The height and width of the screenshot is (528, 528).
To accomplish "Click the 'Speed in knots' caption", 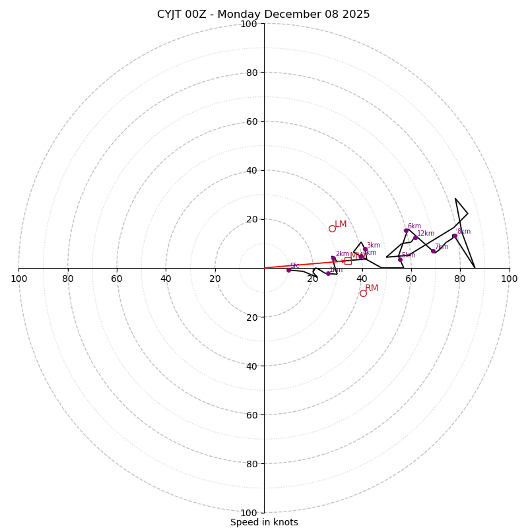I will [264, 522].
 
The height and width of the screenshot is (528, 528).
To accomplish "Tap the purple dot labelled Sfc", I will [288, 270].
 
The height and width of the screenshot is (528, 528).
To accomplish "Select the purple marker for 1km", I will [328, 273].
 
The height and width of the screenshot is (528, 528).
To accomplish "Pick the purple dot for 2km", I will [333, 259].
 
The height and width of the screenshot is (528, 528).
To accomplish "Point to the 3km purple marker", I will [365, 249].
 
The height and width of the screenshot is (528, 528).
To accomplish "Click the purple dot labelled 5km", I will [400, 259].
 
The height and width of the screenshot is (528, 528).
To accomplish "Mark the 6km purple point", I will [406, 230].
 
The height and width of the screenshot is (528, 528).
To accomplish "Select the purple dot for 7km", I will [433, 251].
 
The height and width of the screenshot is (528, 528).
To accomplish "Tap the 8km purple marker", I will [454, 236].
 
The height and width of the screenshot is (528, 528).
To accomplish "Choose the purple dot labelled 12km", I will [415, 238].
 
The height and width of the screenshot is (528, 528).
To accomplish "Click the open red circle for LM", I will [332, 228].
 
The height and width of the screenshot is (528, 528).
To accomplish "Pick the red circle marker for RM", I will [363, 293].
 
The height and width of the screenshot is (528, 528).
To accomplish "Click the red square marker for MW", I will [348, 261].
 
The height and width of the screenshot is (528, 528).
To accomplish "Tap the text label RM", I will [372, 288].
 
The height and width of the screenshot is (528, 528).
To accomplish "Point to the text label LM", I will [341, 224].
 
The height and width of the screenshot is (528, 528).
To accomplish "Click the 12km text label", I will [426, 233].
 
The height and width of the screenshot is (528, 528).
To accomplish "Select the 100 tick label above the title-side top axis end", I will [249, 24].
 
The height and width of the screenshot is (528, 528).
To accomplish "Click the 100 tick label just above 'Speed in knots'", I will [249, 512].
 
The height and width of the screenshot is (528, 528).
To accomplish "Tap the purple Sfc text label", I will [294, 265].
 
